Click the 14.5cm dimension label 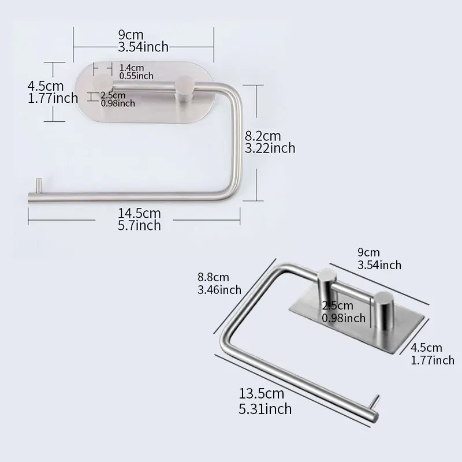(x=139, y=213)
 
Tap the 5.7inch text (x=139, y=226)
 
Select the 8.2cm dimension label (x=263, y=136)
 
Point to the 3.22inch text (x=270, y=148)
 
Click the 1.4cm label (x=132, y=68)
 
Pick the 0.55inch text (x=136, y=76)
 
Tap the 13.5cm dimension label (x=262, y=394)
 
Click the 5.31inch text (x=265, y=409)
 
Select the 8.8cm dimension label (x=213, y=277)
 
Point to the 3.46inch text (x=219, y=290)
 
